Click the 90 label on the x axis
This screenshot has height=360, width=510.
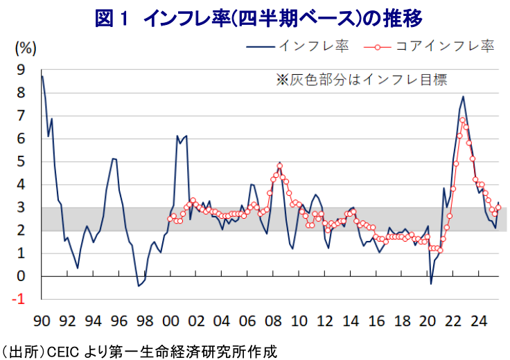point(42,321)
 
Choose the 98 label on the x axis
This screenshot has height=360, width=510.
point(145,321)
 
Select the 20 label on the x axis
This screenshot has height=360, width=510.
point(428,321)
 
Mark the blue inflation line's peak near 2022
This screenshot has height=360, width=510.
point(463,97)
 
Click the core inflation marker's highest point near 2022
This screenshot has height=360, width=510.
point(462,120)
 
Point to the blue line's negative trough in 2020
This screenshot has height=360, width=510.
point(431,283)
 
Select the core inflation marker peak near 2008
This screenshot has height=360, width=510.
point(279,166)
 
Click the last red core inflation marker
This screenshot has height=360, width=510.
point(498,207)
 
